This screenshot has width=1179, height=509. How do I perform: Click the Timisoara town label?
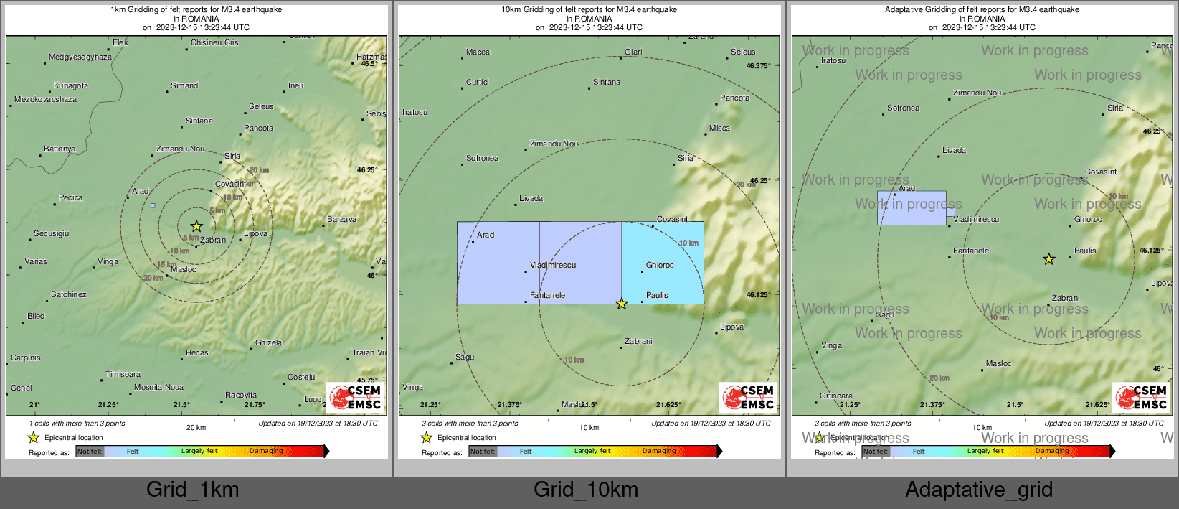[x=123, y=375]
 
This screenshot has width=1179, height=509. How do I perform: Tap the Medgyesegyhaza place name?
[x=80, y=57]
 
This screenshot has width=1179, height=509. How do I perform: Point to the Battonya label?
[x=60, y=149]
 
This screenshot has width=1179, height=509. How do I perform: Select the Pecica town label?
[x=70, y=198]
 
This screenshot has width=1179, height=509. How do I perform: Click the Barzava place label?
[x=341, y=220]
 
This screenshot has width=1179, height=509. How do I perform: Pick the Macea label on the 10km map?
[x=478, y=52]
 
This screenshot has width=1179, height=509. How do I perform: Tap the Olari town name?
[x=633, y=52]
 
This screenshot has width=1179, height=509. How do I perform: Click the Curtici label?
[x=478, y=83]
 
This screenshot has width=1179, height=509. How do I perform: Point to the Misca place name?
[x=719, y=129]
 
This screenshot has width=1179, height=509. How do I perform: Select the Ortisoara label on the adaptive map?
[x=836, y=396]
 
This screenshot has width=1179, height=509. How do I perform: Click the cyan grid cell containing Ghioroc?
[x=663, y=263]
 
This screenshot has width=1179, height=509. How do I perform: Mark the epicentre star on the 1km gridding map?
[x=196, y=227]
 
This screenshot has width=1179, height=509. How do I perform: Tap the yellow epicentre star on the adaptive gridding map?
[x=1048, y=259]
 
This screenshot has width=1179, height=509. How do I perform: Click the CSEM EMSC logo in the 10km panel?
[x=748, y=397]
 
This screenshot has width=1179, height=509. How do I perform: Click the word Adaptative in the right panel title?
[x=905, y=10]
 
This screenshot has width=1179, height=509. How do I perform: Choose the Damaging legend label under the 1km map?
[x=266, y=452]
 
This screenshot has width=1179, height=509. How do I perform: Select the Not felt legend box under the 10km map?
[x=482, y=452]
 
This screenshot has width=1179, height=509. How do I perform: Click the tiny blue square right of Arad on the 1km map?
[x=153, y=206]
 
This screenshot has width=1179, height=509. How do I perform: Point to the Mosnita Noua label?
[x=158, y=388]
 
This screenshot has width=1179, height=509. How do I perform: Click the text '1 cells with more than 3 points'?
[x=77, y=424]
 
